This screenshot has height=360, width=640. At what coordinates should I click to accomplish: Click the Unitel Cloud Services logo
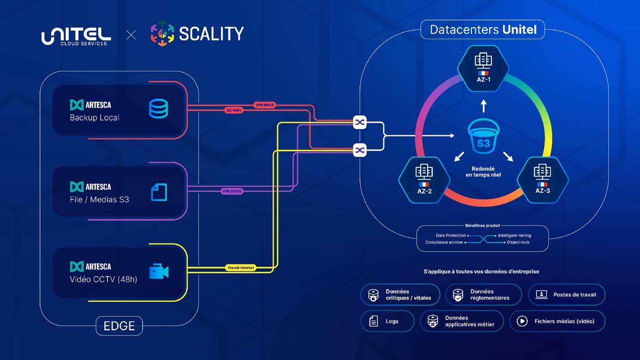(76, 36)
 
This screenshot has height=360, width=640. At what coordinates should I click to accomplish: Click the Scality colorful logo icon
(162, 34)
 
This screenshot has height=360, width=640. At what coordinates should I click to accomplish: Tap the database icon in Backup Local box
(158, 109)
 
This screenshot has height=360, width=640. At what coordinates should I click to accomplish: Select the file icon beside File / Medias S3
(159, 192)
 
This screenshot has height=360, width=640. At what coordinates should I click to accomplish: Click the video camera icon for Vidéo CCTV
(159, 271)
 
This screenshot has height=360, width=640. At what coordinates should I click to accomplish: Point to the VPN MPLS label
(265, 105)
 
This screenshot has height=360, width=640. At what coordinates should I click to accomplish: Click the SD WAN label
(234, 110)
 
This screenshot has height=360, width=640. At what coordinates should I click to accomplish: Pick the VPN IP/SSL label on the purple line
(232, 191)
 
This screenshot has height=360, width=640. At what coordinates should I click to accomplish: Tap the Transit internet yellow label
(241, 268)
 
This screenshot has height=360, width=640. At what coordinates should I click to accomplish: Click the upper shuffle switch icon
(360, 122)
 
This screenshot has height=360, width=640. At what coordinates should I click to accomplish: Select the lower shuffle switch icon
(360, 150)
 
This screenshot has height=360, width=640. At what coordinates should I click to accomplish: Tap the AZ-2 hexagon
(424, 180)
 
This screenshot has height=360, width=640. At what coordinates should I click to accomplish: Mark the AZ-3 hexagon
(542, 180)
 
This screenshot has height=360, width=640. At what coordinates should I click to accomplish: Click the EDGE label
(119, 326)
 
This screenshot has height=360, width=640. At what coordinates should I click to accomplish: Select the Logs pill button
(387, 321)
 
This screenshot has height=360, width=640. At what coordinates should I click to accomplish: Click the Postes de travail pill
(567, 294)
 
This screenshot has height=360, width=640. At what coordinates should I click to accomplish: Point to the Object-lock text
(518, 242)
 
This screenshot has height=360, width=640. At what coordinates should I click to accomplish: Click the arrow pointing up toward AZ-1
(483, 106)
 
